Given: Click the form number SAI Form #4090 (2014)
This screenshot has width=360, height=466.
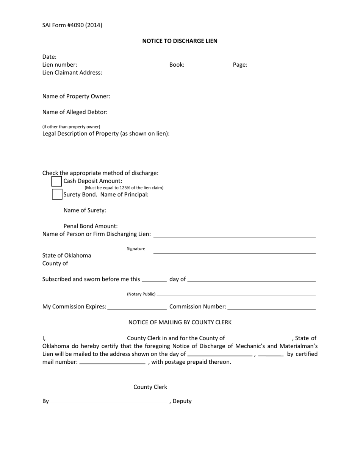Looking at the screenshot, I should tap(72, 25).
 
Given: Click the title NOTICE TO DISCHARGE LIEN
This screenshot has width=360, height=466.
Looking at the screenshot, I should tap(180, 41).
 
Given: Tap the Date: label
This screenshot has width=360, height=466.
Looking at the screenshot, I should tap(49, 57).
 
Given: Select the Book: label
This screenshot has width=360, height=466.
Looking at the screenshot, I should tap(177, 65).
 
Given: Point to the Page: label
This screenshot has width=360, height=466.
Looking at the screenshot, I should tap(240, 65).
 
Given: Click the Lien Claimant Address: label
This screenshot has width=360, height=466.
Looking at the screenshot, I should tap(72, 73).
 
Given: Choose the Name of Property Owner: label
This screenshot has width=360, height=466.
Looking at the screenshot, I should tap(76, 96).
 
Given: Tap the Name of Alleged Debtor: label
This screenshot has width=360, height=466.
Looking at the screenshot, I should tap(75, 112).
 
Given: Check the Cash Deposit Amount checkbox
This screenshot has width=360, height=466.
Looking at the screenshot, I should tap(56, 181).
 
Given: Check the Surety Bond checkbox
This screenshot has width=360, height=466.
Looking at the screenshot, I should tap(57, 194).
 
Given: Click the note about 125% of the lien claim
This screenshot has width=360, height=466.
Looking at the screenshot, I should tap(124, 188).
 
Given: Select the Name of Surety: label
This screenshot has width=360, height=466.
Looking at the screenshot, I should tap(85, 210).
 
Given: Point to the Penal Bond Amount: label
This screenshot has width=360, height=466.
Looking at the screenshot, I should tap(91, 226).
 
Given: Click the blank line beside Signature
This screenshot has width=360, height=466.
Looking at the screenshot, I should tap(234, 253).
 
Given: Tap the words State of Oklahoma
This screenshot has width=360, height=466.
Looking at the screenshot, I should tap(67, 255).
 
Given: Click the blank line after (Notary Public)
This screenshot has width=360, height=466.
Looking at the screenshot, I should tap(236, 295).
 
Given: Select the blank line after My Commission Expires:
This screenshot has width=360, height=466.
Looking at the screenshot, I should tap(137, 309).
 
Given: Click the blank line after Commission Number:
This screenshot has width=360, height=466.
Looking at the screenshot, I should tap(271, 309).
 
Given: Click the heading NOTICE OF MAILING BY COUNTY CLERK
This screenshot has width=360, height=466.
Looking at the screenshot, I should tap(180, 322).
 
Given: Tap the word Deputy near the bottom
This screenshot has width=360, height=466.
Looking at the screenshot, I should tap(182, 401).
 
